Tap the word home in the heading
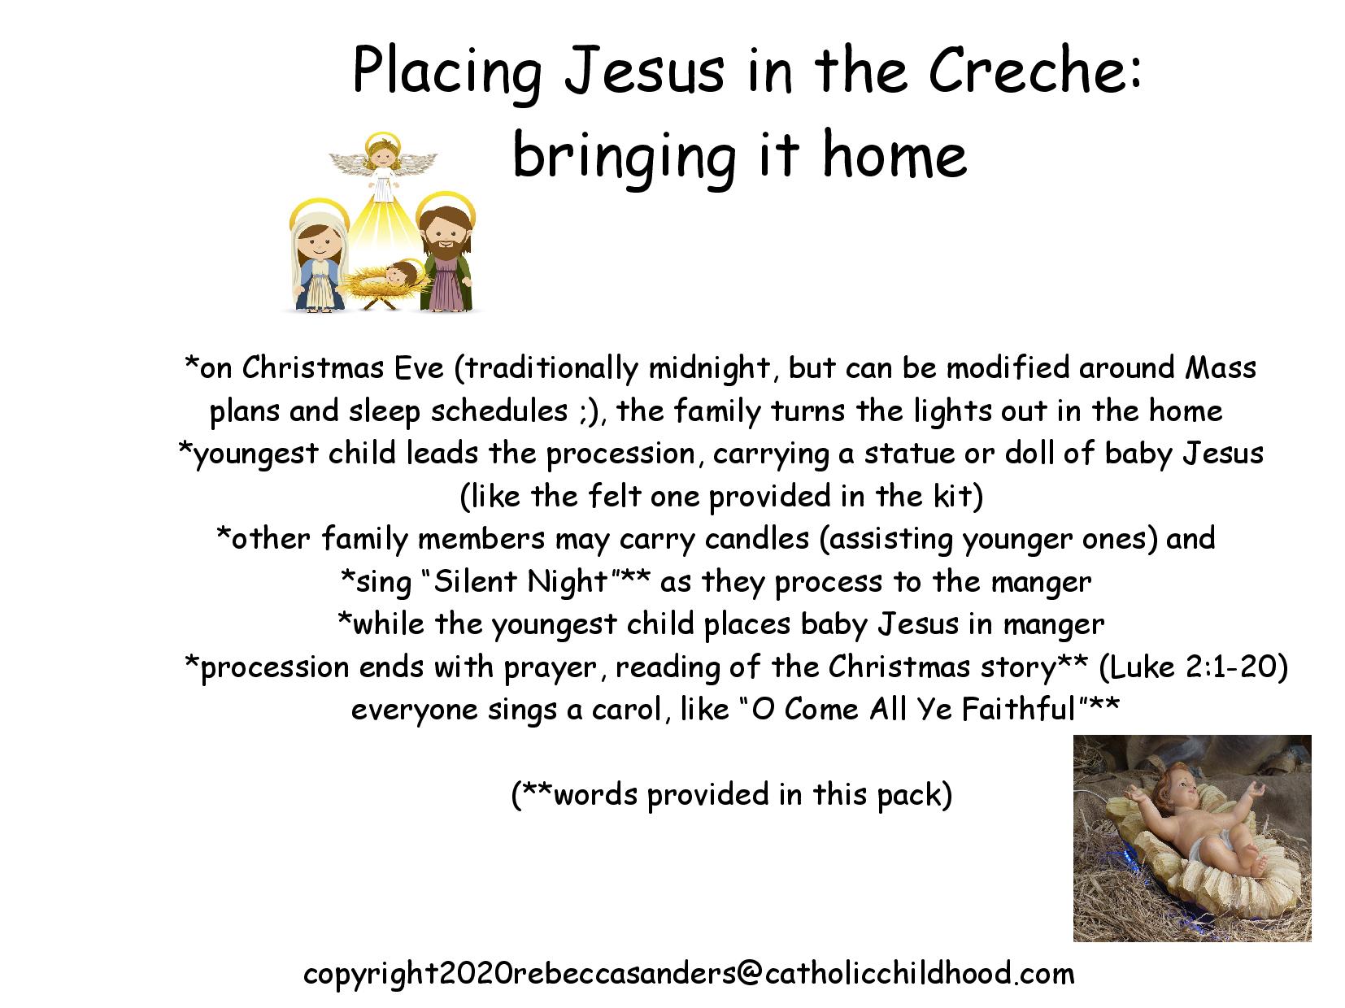coord(894,155)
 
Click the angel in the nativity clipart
coord(383,167)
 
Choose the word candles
coord(757,539)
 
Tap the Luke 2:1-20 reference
coord(1194,667)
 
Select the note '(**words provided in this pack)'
coord(732,796)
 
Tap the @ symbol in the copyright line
coord(748,975)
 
